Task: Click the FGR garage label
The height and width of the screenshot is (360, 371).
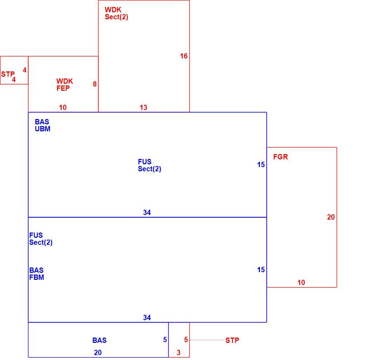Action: pyautogui.click(x=281, y=157)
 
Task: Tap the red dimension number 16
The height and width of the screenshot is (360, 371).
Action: pyautogui.click(x=184, y=56)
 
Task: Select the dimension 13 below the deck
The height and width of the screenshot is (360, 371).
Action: pyautogui.click(x=143, y=108)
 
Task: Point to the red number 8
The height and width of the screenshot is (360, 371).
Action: pyautogui.click(x=95, y=84)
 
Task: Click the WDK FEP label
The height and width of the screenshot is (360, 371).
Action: pyautogui.click(x=65, y=84)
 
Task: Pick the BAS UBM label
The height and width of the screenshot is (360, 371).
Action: pyautogui.click(x=42, y=125)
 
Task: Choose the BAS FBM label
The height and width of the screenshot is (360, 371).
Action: pyautogui.click(x=37, y=274)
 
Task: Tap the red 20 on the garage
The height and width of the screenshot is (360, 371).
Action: pyautogui.click(x=331, y=217)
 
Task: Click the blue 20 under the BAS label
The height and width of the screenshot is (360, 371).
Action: pyautogui.click(x=98, y=352)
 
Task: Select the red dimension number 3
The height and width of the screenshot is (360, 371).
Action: pyautogui.click(x=178, y=352)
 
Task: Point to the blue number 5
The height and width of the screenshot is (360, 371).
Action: pyautogui.click(x=165, y=340)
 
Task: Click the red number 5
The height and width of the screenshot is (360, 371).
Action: pyautogui.click(x=186, y=340)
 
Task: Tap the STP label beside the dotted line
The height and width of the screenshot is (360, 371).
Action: pyautogui.click(x=232, y=340)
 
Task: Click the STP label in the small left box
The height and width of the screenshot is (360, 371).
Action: pyautogui.click(x=8, y=74)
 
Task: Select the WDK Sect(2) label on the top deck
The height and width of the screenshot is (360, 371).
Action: pyautogui.click(x=116, y=13)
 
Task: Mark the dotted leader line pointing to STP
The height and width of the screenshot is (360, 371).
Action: pyautogui.click(x=206, y=340)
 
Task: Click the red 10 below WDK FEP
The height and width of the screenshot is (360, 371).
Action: pyautogui.click(x=63, y=108)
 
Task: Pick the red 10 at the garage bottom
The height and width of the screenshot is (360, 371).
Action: pyautogui.click(x=301, y=283)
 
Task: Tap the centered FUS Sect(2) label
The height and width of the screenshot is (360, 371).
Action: pyautogui.click(x=149, y=165)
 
